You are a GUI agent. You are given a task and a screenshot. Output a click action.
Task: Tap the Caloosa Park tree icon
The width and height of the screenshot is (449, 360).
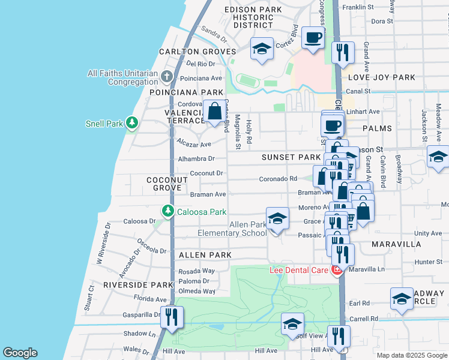pyautogui.click(x=167, y=211)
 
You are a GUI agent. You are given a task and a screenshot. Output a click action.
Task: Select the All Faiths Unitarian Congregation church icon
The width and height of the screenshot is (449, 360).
pyautogui.click(x=167, y=77)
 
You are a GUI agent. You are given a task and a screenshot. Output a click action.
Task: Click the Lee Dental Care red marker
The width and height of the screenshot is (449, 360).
pyautogui.click(x=337, y=270)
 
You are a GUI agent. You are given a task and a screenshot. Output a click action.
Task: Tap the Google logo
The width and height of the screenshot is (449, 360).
pyautogui.click(x=20, y=353)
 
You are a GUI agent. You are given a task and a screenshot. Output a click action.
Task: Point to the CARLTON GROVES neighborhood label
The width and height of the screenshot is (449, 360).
pyautogui.click(x=197, y=52)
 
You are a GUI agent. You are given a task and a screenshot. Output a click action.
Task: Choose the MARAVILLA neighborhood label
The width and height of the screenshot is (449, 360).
pyautogui.click(x=396, y=245)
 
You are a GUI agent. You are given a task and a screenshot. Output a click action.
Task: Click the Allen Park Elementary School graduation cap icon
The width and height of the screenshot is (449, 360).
pyautogui.click(x=277, y=219)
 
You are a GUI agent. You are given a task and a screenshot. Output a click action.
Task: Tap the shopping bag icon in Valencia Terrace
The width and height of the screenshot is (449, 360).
pyautogui.click(x=214, y=111)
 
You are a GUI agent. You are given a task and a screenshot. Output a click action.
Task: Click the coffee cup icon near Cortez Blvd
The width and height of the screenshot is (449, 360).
pyautogui.click(x=313, y=38)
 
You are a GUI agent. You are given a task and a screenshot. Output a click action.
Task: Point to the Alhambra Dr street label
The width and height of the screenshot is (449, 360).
pyautogui.click(x=196, y=159)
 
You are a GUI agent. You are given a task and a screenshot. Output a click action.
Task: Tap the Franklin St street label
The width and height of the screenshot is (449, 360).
pyautogui.click(x=358, y=7)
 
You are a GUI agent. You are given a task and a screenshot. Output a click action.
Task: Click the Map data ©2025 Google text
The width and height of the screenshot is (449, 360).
pyautogui.click(x=411, y=355)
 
